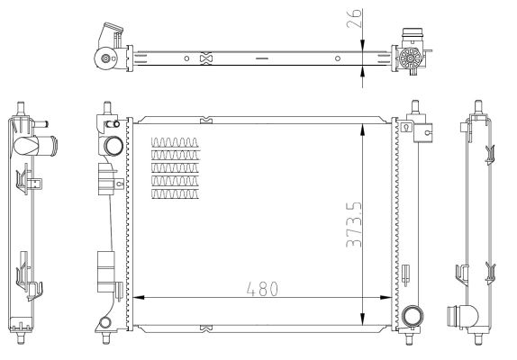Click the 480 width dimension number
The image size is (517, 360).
pyautogui.click(x=262, y=289)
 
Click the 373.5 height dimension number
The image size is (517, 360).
pyautogui.click(x=355, y=224)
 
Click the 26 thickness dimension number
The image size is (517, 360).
pyautogui.click(x=355, y=18)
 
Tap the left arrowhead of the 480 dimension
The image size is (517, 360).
pyautogui.click(x=139, y=297)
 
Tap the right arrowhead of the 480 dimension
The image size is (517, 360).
pyautogui.click(x=385, y=297)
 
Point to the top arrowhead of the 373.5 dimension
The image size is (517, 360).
pyautogui.click(x=363, y=130)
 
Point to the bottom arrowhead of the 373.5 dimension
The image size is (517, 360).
pyautogui.click(x=363, y=319)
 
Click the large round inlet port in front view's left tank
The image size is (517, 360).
pyautogui.click(x=113, y=146)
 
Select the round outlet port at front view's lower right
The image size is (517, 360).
pyautogui.click(x=413, y=316)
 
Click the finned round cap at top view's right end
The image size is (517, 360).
pyautogui.click(x=410, y=58)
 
